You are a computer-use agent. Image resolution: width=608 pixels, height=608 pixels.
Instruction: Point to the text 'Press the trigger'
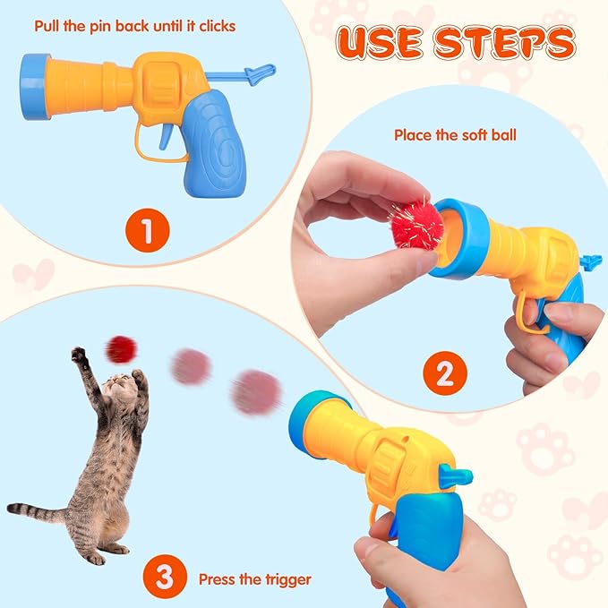[255, 579]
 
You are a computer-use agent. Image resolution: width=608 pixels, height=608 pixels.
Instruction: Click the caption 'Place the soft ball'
[455, 135]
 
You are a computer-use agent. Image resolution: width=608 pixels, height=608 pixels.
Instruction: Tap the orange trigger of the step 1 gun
[165, 136]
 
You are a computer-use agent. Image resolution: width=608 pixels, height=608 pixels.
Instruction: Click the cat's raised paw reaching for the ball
[80, 355]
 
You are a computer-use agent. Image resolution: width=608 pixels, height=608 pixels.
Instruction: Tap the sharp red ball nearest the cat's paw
[120, 348]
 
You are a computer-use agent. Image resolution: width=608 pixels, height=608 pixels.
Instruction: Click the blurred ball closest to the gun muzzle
[255, 391]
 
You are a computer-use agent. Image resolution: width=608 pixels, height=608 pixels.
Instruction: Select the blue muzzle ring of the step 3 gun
[308, 420]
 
